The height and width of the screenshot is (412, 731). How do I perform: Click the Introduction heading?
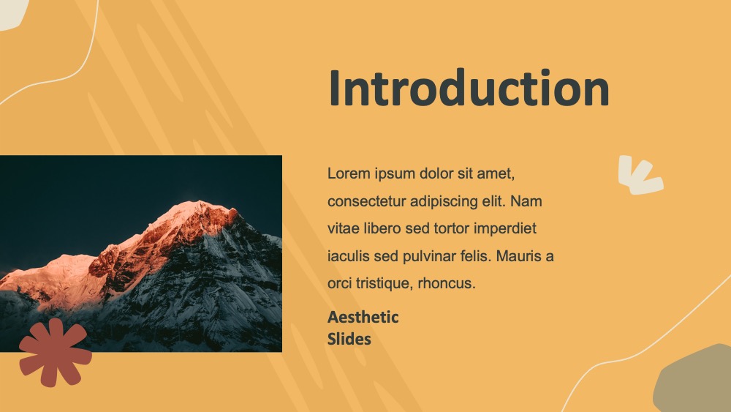point(469,88)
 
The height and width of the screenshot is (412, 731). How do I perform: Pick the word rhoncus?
point(447,283)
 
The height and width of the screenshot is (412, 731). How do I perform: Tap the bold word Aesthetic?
point(363,318)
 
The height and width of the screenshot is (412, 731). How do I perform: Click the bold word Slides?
point(349,340)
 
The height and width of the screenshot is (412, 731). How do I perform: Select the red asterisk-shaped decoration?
point(56,352)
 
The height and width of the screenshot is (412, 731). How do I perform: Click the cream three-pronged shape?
point(640,176)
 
